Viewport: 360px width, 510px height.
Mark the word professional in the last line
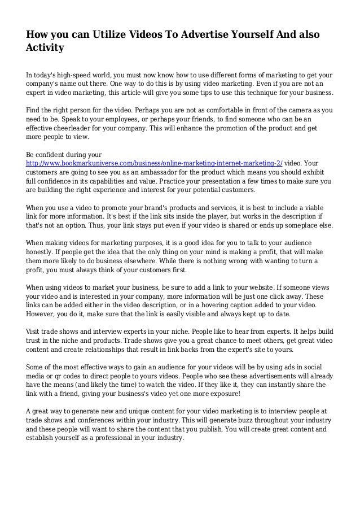124,440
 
